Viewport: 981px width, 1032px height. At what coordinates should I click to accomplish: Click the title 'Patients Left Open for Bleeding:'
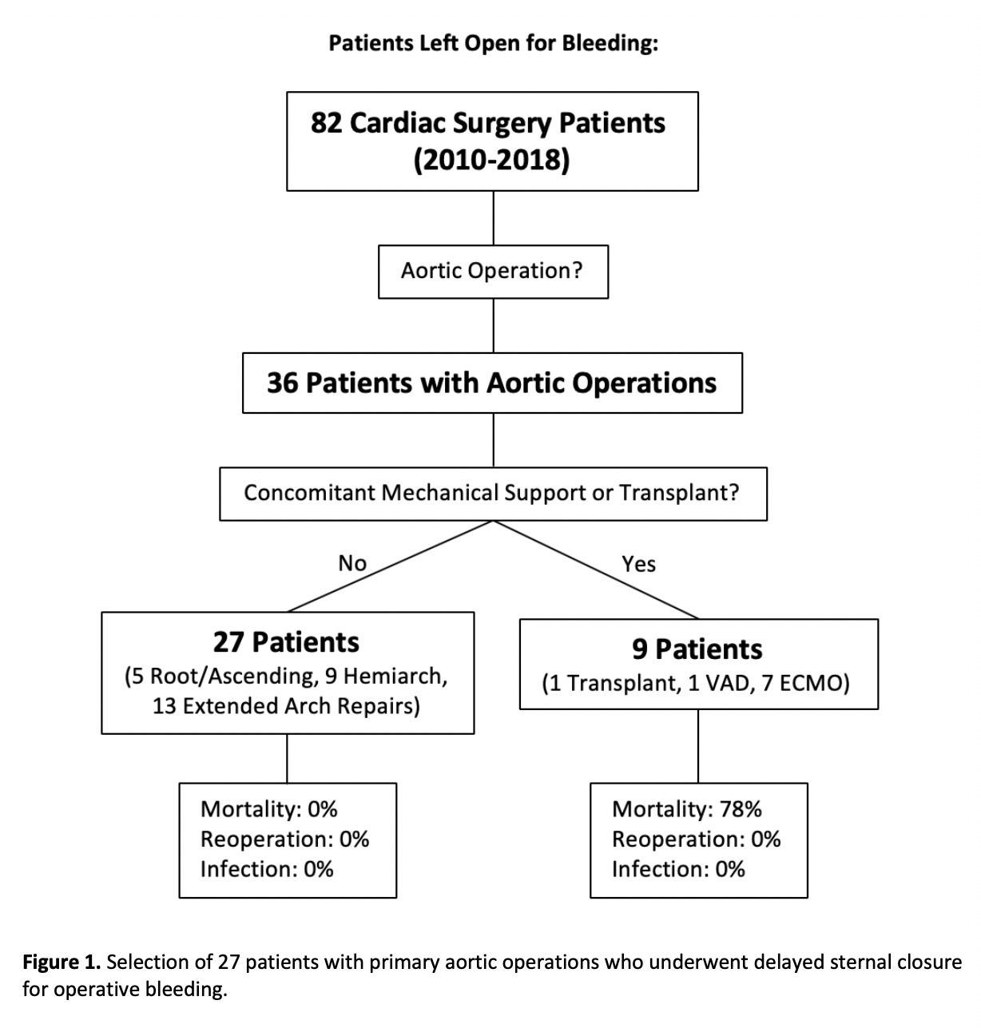click(x=493, y=43)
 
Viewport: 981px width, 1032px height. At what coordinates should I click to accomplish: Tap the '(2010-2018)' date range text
click(x=491, y=161)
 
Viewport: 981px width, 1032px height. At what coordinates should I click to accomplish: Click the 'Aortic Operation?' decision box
click(x=492, y=272)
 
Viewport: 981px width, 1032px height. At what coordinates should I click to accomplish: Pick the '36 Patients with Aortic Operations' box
click(x=492, y=383)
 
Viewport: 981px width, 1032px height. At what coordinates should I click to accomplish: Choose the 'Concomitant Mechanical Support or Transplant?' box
click(x=492, y=493)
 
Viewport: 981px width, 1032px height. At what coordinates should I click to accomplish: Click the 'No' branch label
click(x=352, y=563)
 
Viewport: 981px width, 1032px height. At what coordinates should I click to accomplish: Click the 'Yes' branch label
click(x=638, y=564)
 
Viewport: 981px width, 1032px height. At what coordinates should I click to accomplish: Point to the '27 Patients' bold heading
click(x=286, y=642)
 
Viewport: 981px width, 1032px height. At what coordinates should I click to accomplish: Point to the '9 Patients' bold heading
click(x=697, y=649)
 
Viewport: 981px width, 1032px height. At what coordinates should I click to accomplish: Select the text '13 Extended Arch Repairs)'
click(x=286, y=707)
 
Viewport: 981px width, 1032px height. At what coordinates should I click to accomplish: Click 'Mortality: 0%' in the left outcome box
click(x=268, y=809)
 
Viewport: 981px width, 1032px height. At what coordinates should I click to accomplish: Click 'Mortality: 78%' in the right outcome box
click(x=686, y=809)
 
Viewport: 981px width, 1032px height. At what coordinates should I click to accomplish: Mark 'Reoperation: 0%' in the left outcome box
click(x=284, y=839)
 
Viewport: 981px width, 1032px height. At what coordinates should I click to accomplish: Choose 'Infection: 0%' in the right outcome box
click(x=678, y=869)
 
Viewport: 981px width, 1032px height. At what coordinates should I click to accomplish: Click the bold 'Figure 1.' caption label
click(x=62, y=962)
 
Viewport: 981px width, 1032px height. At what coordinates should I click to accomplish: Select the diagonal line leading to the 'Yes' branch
click(x=595, y=570)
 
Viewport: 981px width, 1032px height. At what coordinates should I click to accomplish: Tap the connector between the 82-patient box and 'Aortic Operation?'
click(x=493, y=217)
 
